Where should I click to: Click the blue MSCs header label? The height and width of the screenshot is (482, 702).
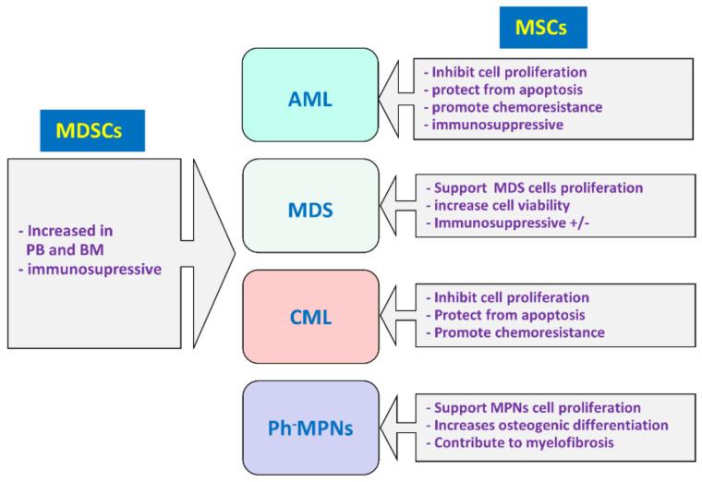[542, 28]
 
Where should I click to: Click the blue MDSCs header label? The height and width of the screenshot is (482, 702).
[91, 129]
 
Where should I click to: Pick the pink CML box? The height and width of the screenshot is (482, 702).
[310, 317]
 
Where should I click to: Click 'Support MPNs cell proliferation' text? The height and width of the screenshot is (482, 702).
[533, 407]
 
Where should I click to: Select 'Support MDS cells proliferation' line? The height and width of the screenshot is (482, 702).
[534, 187]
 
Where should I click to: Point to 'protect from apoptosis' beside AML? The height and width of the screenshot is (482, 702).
[495, 89]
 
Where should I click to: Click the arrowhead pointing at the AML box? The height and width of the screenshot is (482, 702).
[395, 96]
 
